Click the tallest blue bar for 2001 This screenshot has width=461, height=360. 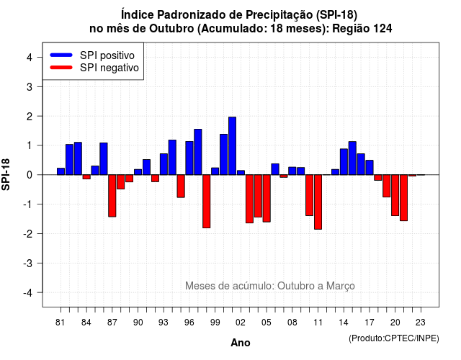tap(232, 145)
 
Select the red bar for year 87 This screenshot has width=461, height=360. tap(112, 196)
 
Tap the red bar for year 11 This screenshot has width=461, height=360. tap(318, 202)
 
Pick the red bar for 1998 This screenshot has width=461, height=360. tap(207, 202)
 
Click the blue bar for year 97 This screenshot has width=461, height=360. tap(198, 152)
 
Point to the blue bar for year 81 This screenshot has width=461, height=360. tap(61, 171)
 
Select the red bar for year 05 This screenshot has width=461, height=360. tap(267, 199)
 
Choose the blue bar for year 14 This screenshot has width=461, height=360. tap(344, 161)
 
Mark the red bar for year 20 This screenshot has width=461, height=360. tap(395, 195)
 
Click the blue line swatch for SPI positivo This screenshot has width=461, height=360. tap(61, 55)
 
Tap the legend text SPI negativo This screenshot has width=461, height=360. tap(109, 68)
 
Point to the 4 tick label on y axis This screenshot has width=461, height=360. tap(30, 58)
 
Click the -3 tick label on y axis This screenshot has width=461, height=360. tap(27, 264)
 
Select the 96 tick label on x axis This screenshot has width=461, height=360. tap(189, 323)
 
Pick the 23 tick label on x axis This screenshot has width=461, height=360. tap(421, 323)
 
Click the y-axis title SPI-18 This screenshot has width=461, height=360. tap(6, 174)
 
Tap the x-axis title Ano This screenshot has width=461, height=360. tap(241, 343)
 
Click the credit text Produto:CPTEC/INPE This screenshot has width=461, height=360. tap(394, 338)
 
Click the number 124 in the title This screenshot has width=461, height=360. tap(382, 29)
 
